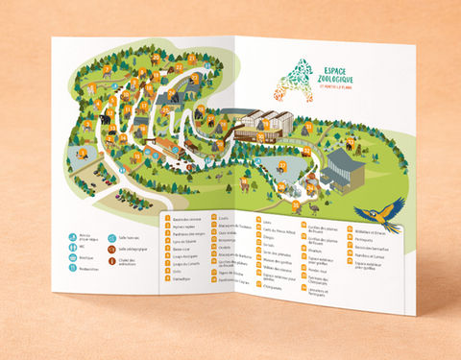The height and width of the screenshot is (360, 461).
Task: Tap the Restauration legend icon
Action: click(74, 269)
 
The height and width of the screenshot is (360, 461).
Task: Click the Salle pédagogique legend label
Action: click(133, 248)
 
